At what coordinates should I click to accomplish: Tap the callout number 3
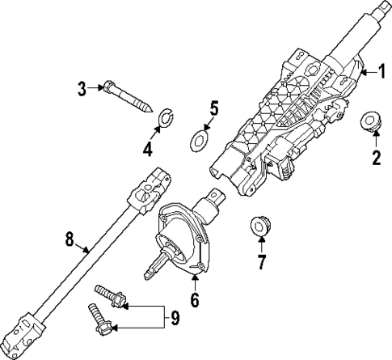[82, 87]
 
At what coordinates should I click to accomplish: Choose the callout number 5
[213, 108]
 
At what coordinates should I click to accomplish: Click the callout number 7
[261, 261]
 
